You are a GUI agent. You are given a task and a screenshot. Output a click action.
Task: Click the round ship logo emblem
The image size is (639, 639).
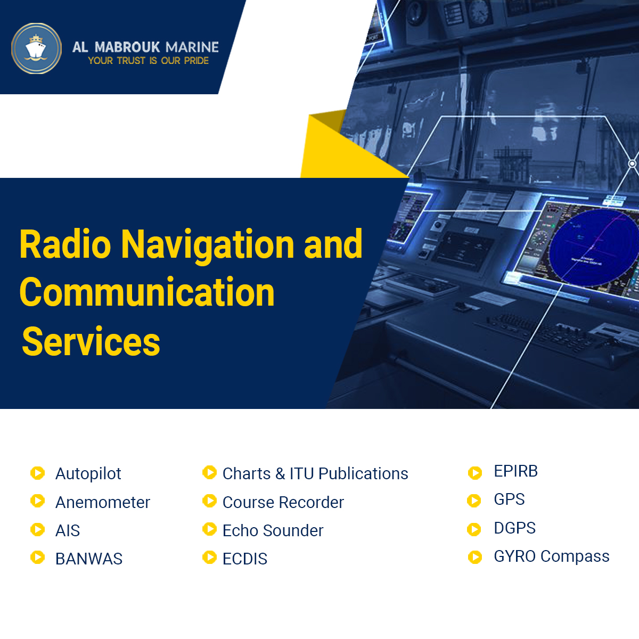36,48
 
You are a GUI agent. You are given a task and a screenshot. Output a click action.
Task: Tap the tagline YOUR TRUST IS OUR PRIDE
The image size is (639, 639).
148,61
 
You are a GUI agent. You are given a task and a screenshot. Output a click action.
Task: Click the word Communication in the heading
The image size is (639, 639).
147,293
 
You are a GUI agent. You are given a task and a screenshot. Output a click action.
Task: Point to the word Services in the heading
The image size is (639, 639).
91,342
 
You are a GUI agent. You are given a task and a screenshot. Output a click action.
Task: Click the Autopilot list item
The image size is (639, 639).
88,473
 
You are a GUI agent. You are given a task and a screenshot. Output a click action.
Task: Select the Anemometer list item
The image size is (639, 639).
103,502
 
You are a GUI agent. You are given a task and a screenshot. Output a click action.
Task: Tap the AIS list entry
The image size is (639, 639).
68,530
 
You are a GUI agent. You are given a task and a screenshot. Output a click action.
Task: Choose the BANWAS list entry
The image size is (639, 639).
89,559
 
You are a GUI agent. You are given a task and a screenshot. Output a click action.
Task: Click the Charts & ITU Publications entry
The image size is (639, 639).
315,473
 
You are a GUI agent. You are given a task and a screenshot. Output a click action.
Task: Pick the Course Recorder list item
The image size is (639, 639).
283,502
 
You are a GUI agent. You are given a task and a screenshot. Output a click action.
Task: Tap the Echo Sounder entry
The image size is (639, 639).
273,530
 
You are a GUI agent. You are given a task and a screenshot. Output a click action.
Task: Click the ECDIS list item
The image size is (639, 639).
245,559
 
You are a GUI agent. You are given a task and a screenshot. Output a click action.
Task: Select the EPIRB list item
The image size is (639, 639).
515,471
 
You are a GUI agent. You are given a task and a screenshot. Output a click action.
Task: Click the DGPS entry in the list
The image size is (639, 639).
514,528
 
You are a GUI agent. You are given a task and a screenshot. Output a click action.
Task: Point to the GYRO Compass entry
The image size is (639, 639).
552,556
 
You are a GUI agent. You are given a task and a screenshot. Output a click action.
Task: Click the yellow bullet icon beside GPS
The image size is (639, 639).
474,501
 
